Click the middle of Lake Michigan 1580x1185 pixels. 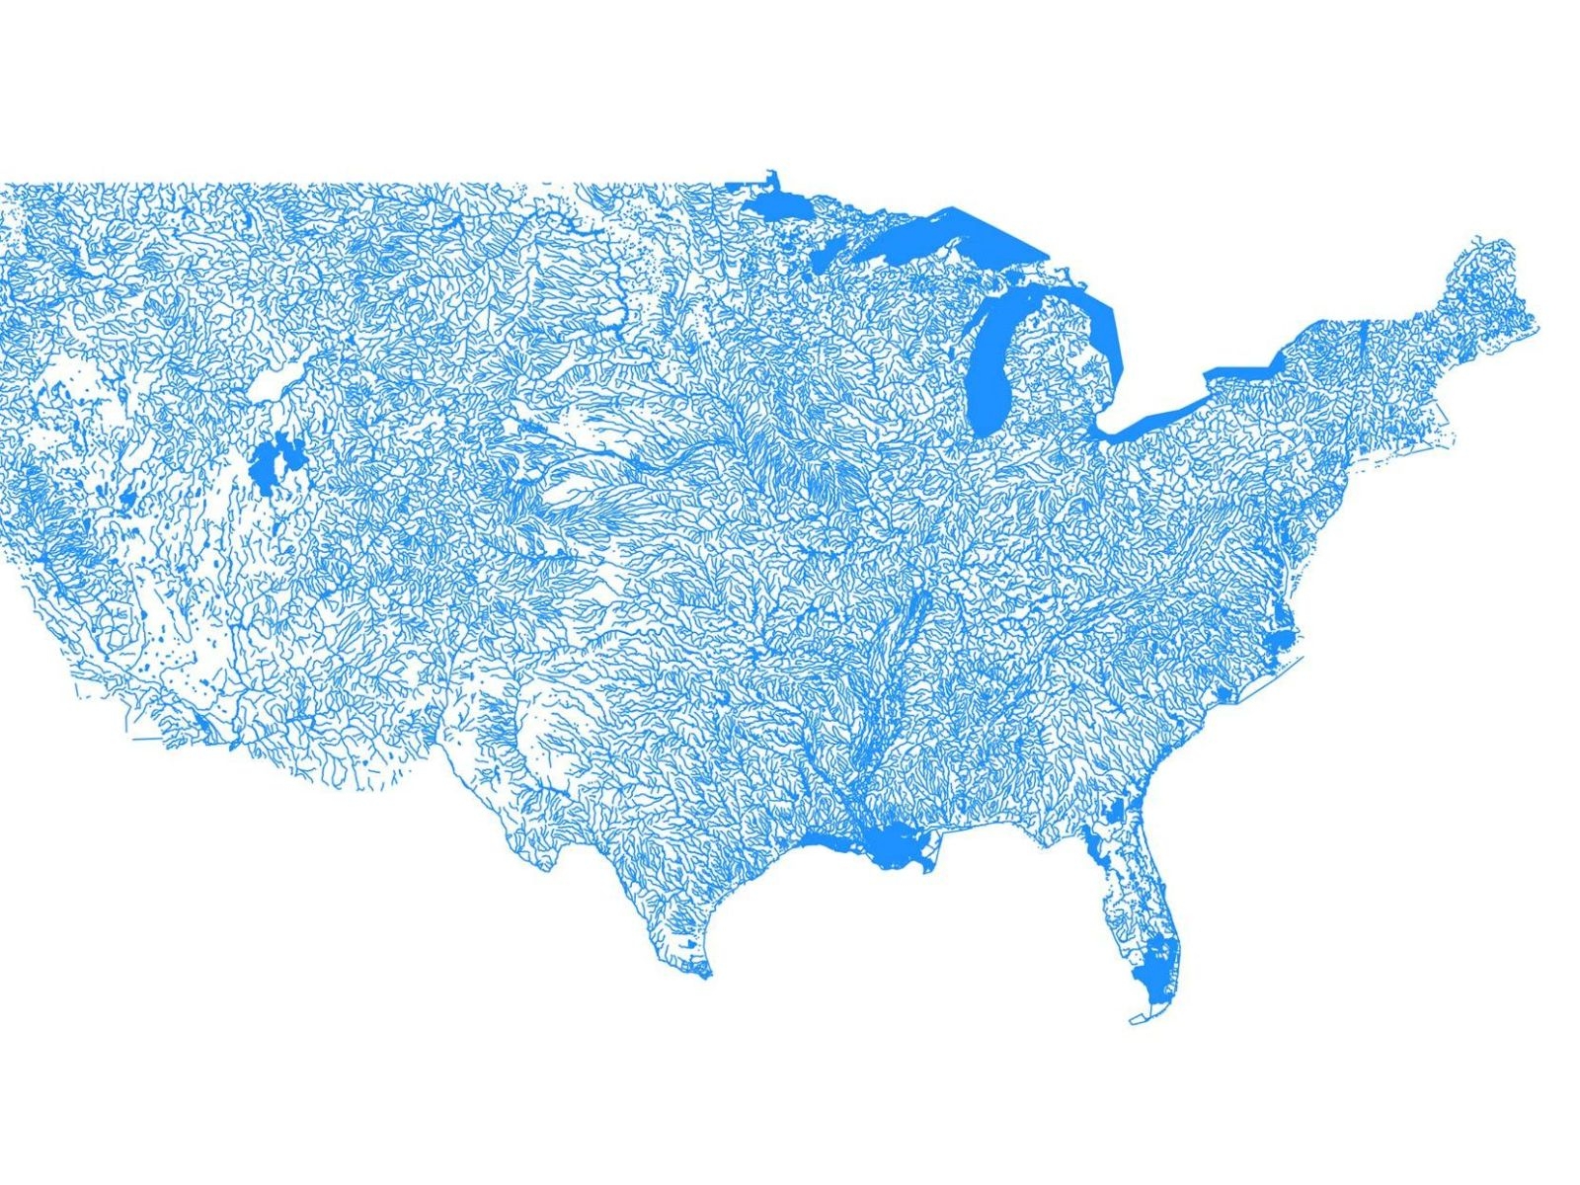tap(992, 355)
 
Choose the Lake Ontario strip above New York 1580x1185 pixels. tap(1239, 371)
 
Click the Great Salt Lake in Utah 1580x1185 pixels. tap(267, 464)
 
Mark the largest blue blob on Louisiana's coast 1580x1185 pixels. tap(894, 844)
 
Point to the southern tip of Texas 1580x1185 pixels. tap(703, 976)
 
